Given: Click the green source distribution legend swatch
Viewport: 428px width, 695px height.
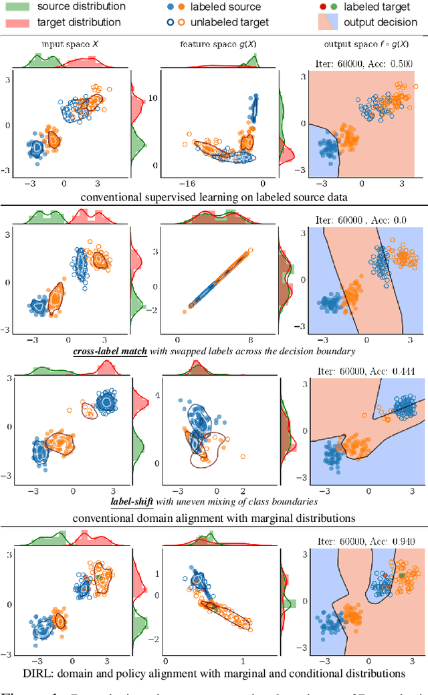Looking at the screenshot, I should pyautogui.click(x=18, y=7).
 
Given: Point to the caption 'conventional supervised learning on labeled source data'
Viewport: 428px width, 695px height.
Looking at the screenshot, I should pyautogui.click(x=213, y=197).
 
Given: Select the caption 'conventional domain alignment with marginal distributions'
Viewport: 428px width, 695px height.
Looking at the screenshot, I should pyautogui.click(x=213, y=517).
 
